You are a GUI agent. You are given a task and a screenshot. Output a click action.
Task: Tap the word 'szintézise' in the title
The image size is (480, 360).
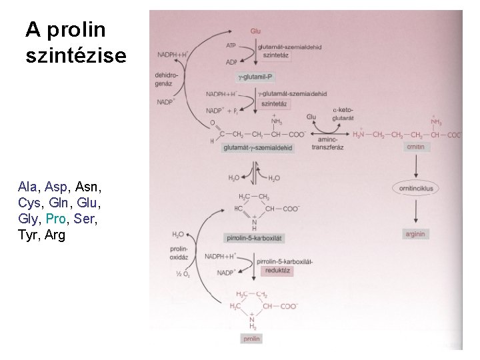coord(75,57)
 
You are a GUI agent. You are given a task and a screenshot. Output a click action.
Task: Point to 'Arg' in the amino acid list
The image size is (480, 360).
coord(55,235)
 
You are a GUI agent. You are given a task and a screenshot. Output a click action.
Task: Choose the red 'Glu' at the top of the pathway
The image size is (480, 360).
coord(256,31)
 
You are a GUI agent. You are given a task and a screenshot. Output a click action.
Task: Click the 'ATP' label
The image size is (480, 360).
coord(231,46)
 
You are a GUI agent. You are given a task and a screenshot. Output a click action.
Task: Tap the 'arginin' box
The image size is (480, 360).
coord(415,235)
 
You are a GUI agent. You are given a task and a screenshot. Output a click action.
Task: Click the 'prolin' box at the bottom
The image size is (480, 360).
coord(251,339)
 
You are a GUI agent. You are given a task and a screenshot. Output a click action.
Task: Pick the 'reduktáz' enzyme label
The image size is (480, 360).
coord(275,271)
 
